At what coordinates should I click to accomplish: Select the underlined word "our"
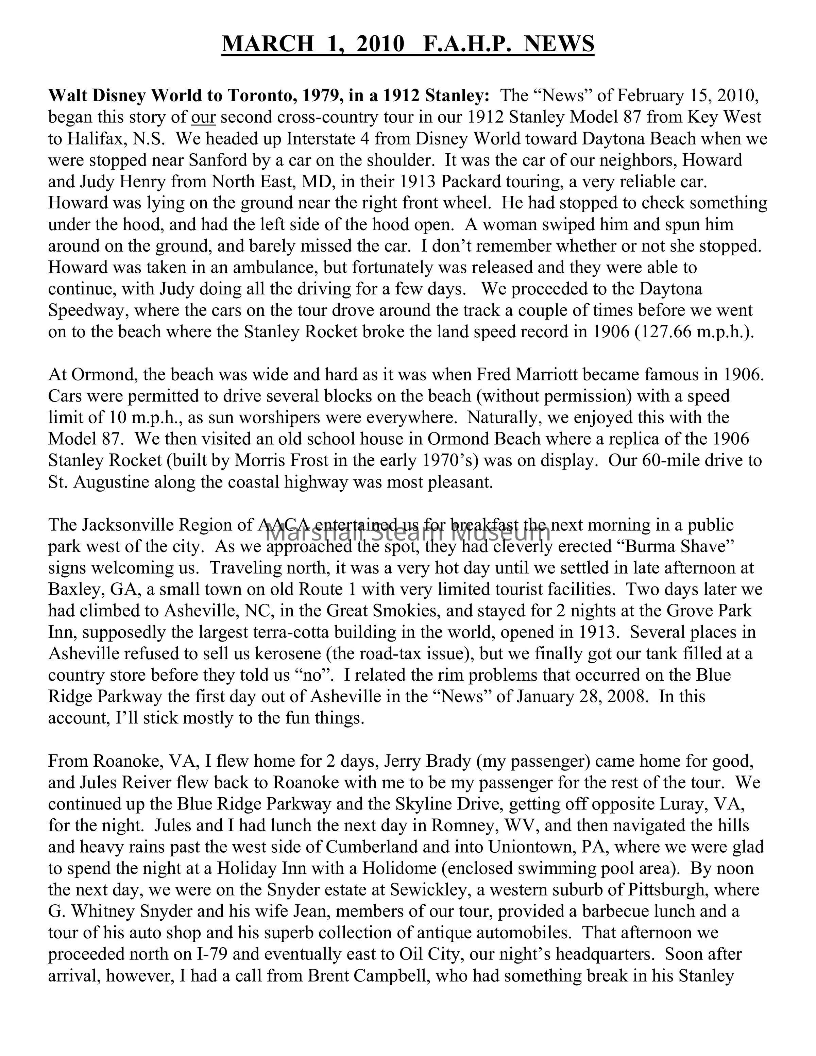204,118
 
